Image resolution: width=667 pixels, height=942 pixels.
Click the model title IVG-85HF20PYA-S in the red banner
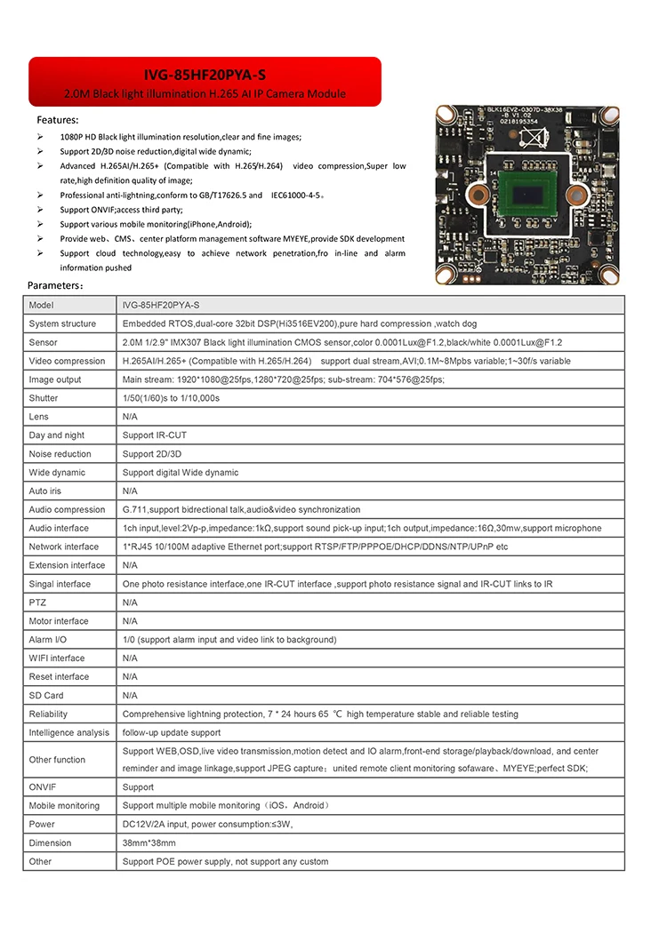[x=205, y=75]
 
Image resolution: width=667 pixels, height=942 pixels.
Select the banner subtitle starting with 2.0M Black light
[x=205, y=93]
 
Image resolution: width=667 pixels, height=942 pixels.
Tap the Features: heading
[x=57, y=119]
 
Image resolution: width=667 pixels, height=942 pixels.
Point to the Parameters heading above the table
[x=56, y=286]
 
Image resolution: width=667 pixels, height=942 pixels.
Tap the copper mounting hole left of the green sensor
[x=477, y=195]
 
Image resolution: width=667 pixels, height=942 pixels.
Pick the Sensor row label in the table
[x=43, y=342]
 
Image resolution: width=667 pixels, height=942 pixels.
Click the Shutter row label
[x=44, y=398]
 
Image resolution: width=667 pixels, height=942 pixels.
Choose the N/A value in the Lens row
[x=130, y=417]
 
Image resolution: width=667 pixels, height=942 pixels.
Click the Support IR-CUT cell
[x=155, y=435]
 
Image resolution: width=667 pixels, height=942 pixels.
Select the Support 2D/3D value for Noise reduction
[x=153, y=454]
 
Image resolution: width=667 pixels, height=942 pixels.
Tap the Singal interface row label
[x=60, y=584]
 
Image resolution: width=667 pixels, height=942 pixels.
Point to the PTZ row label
[x=37, y=603]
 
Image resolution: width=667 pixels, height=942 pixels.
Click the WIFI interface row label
[x=57, y=659]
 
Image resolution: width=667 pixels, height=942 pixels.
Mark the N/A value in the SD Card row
[x=130, y=695]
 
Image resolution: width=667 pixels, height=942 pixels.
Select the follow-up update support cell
[x=172, y=732]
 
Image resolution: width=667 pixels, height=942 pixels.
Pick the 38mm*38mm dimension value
[x=149, y=842]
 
